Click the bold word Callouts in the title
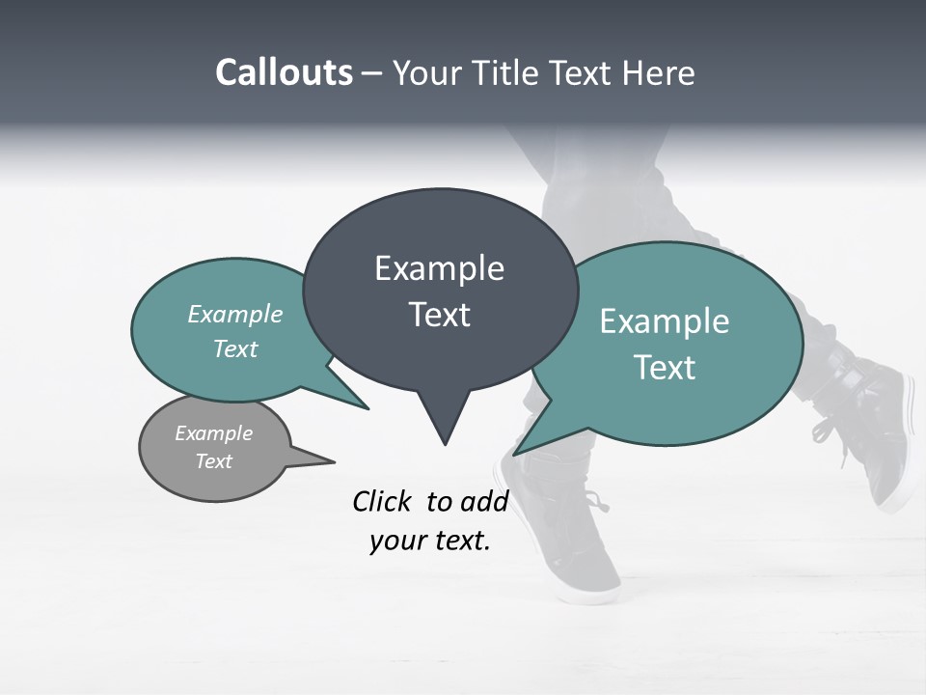point(284,72)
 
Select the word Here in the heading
point(658,72)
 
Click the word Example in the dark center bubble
point(439,268)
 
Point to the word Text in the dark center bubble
point(439,315)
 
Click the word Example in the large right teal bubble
point(665,321)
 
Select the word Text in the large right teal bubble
point(665,368)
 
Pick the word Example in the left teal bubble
point(235,314)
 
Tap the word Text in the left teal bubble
point(235,348)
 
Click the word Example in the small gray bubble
point(213,433)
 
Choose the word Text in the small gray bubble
point(213,461)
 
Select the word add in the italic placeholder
point(484,501)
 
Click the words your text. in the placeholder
point(430,541)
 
